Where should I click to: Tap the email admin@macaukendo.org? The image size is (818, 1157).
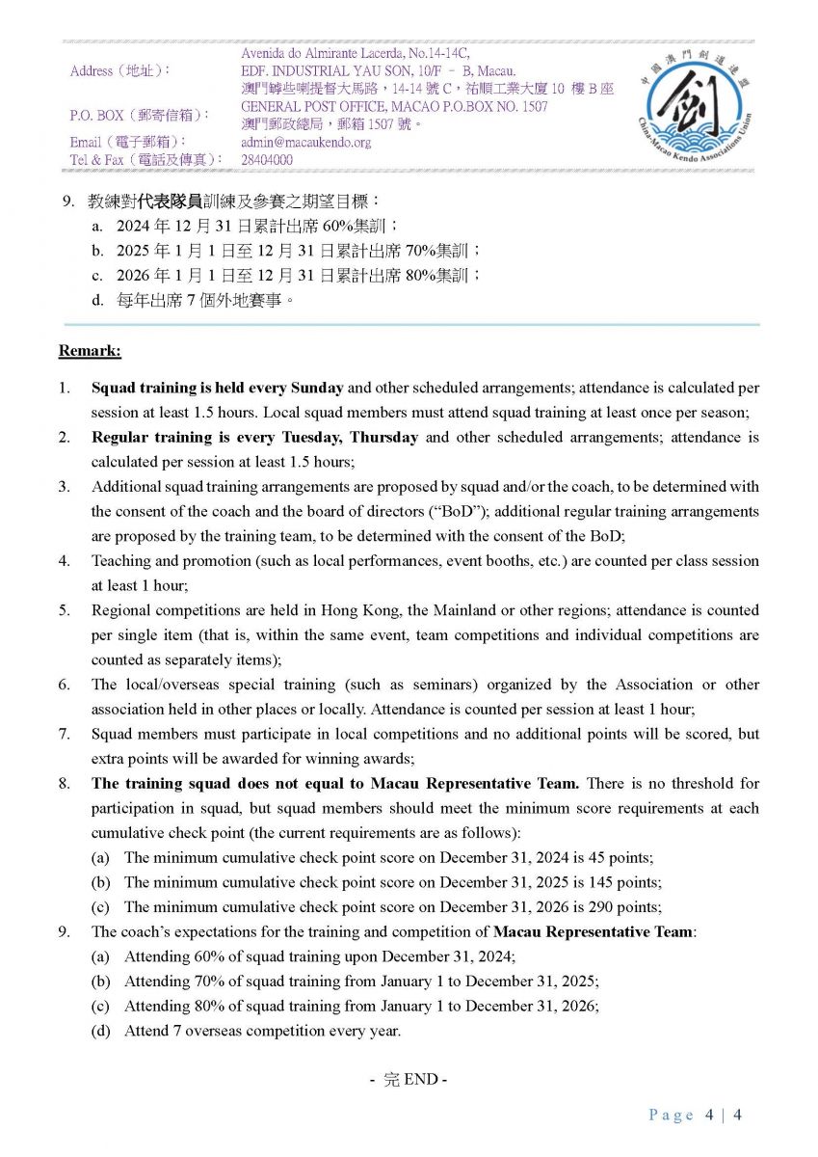(x=305, y=143)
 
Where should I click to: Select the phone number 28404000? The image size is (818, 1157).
(x=267, y=160)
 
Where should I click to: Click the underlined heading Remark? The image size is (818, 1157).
(x=90, y=351)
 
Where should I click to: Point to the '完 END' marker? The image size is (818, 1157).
(x=409, y=1079)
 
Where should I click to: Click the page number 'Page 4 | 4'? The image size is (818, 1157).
(x=694, y=1116)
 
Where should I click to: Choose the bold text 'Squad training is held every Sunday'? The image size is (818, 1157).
(x=217, y=388)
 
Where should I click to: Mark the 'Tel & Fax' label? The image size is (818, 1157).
(x=104, y=159)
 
